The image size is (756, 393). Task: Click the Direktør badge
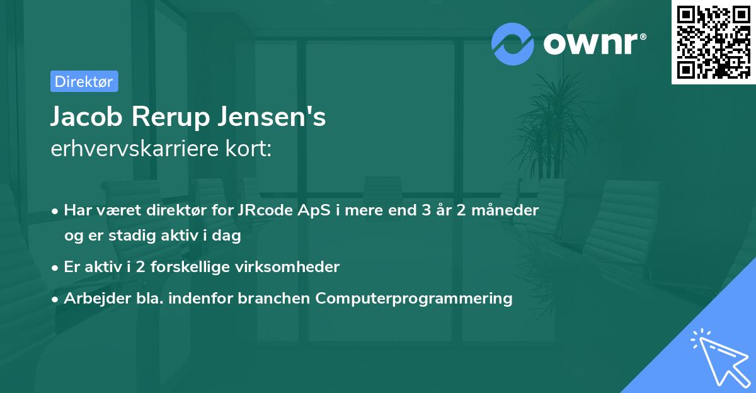pyautogui.click(x=84, y=81)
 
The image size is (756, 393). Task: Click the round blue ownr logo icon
pyautogui.click(x=513, y=44)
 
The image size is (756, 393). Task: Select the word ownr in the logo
pyautogui.click(x=593, y=44)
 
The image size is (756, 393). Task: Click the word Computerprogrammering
pyautogui.click(x=414, y=299)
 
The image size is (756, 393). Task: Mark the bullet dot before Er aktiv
pyautogui.click(x=56, y=268)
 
